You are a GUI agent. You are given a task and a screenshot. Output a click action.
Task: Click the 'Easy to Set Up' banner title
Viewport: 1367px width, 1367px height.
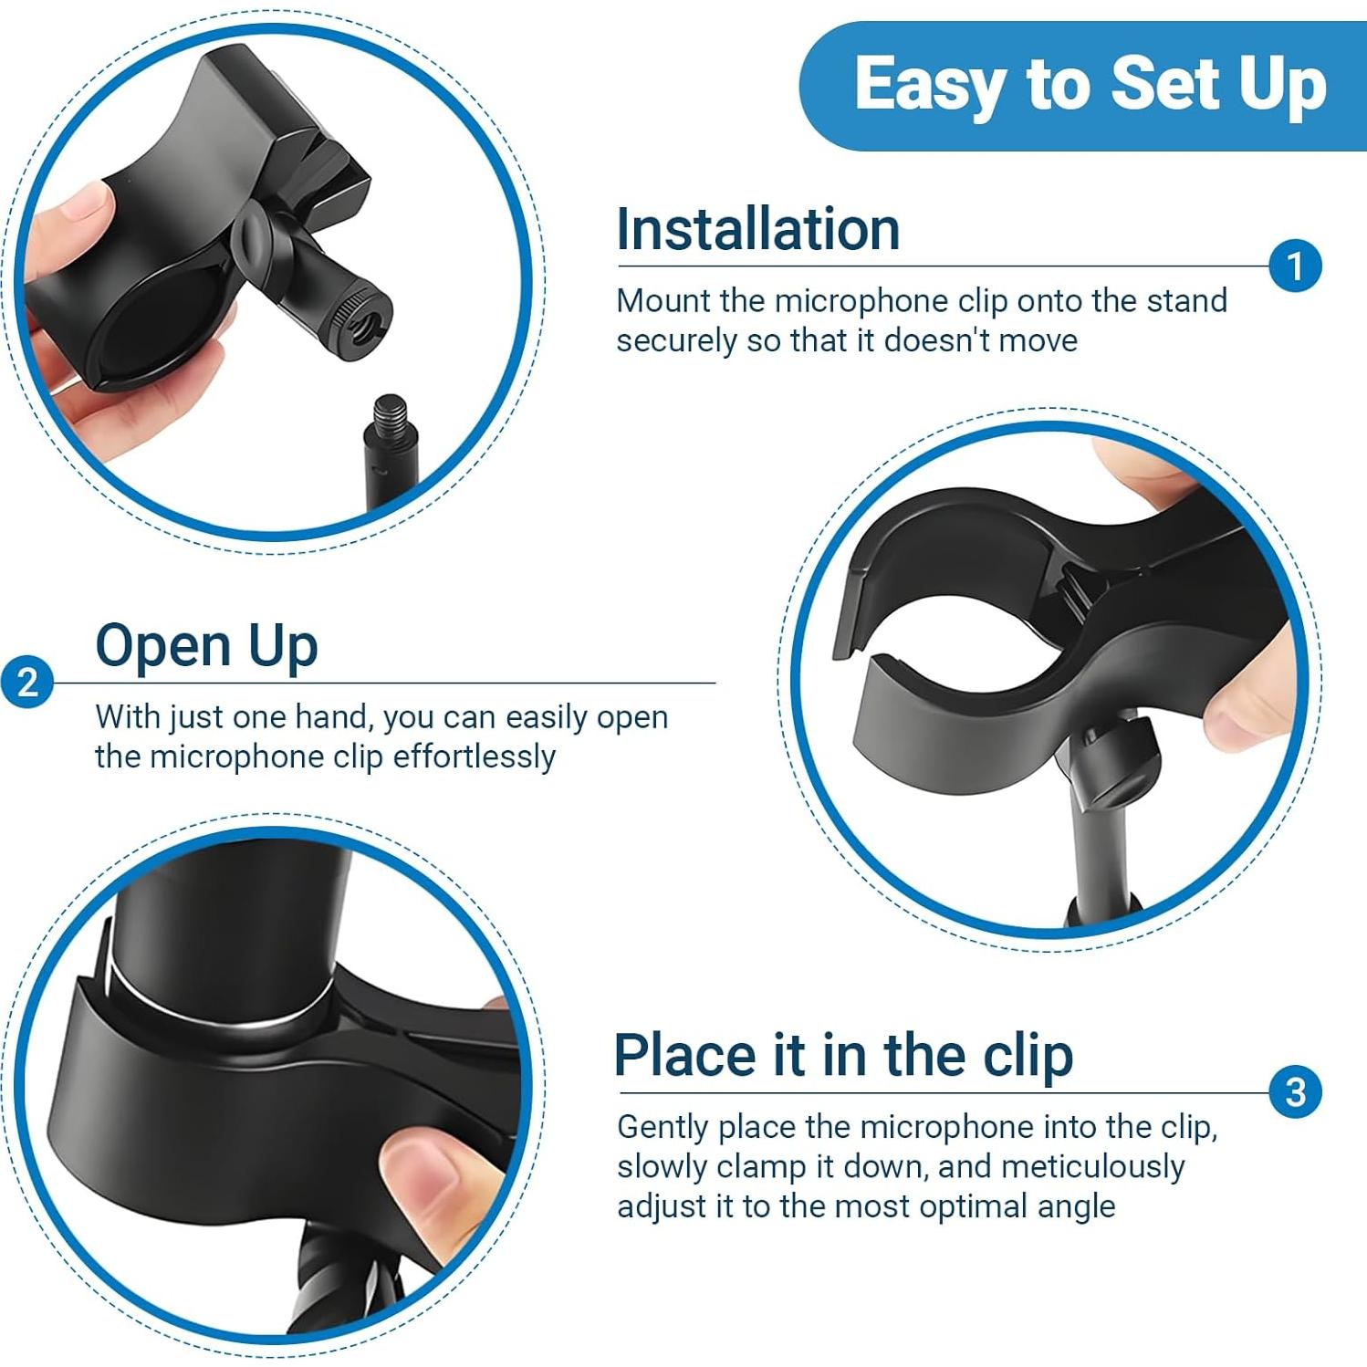click(1090, 84)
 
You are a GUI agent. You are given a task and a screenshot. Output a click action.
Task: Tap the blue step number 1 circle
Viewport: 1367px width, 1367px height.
click(1294, 266)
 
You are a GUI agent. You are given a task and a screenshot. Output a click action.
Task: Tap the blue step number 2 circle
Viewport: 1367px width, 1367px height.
click(27, 683)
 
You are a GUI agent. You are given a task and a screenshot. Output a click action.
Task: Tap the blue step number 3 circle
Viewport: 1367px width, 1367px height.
click(1294, 1092)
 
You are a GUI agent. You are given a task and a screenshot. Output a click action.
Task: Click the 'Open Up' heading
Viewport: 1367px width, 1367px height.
click(206, 646)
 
